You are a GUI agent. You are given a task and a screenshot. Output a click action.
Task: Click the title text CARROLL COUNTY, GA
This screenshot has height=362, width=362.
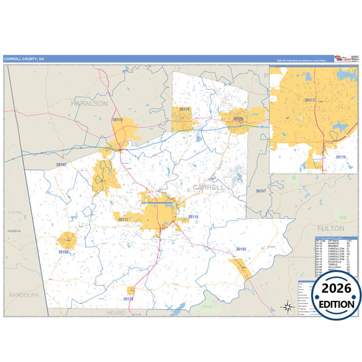tap(24, 58)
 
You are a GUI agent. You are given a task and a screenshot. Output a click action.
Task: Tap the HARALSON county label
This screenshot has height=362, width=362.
tap(89, 103)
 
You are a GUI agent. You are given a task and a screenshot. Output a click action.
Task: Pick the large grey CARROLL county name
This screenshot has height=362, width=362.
tap(208, 187)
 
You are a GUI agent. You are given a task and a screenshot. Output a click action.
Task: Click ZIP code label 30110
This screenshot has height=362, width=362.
tap(117, 120)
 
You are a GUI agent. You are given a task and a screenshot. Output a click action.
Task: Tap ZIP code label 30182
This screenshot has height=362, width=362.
tap(61, 164)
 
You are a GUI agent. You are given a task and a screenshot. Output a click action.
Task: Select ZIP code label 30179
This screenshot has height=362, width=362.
tap(184, 109)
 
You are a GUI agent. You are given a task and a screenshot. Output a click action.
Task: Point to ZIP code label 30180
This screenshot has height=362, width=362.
tap(238, 118)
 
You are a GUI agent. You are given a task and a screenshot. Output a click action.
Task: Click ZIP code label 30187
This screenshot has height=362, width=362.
tap(261, 191)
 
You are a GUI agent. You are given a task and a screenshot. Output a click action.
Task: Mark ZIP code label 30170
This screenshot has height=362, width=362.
tap(128, 298)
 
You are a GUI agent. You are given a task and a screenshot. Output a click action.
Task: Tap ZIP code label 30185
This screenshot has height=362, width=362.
tap(241, 250)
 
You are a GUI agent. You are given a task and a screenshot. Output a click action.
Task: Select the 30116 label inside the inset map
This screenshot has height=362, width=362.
tap(340, 157)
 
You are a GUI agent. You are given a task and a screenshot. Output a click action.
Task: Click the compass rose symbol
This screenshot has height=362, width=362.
tap(288, 307)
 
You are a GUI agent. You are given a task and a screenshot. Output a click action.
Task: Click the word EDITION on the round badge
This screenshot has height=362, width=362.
tap(336, 304)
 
